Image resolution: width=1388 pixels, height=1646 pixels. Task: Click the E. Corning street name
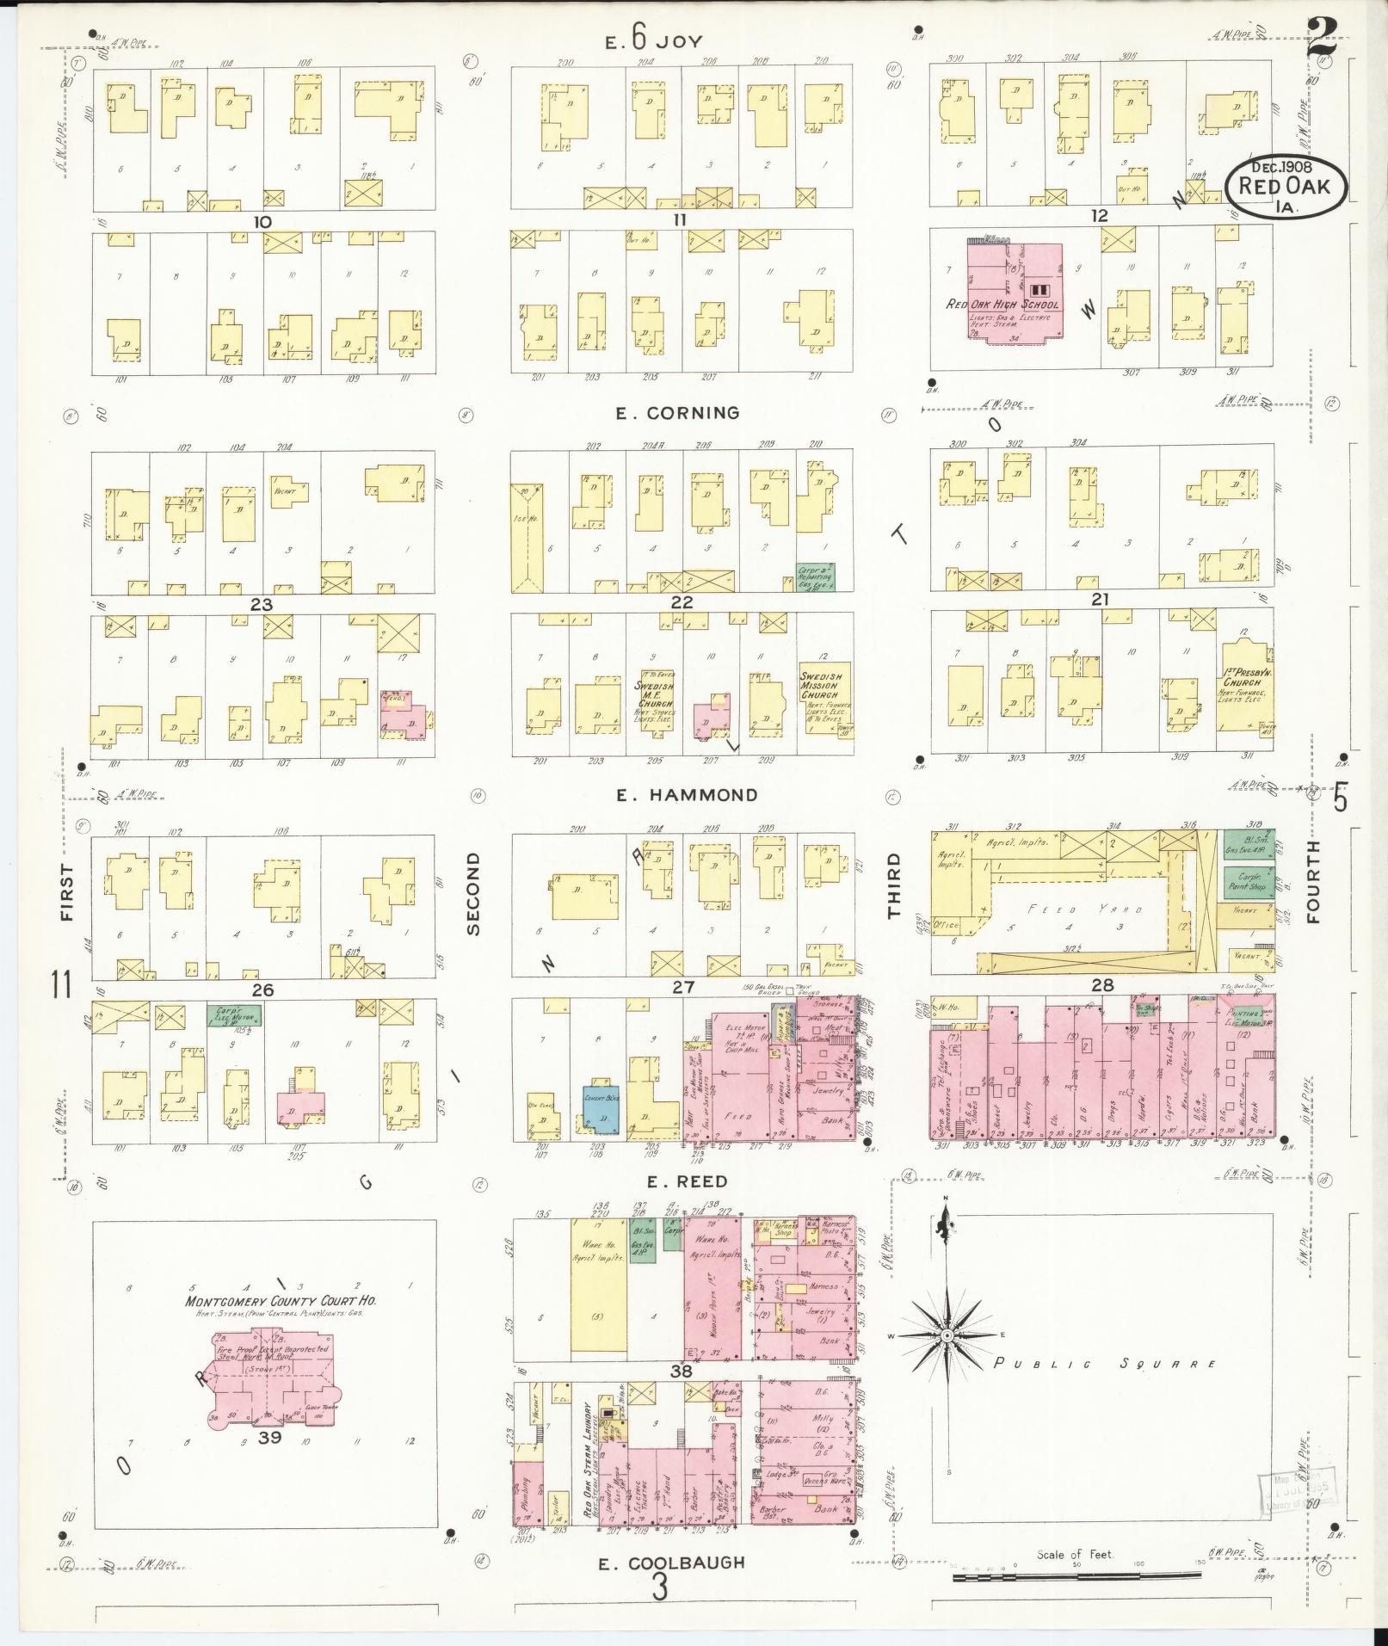(x=677, y=413)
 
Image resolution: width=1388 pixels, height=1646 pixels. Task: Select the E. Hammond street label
(x=687, y=795)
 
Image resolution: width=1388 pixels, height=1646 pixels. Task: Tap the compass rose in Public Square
(x=947, y=1359)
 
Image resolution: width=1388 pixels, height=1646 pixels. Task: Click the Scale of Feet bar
(x=1076, y=1576)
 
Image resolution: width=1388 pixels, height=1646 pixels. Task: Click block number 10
(x=262, y=222)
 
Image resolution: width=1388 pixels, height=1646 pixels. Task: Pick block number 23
(x=261, y=604)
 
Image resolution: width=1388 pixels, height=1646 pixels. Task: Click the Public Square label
(x=1105, y=1364)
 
